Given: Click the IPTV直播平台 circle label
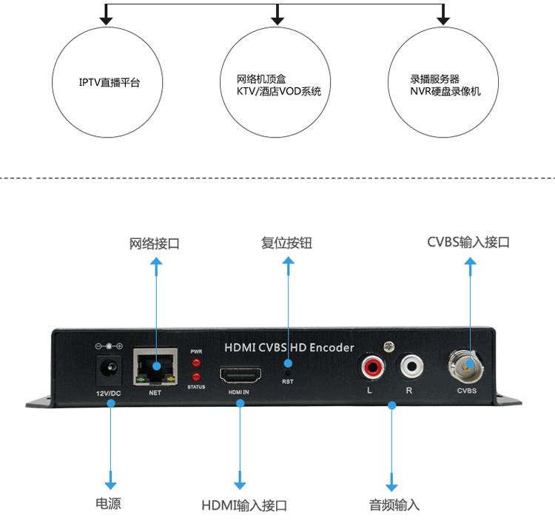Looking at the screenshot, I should (x=110, y=82).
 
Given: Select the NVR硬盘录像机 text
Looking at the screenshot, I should (x=445, y=91).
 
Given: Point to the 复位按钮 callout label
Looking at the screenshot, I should (x=286, y=243).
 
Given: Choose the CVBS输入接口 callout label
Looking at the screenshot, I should (x=468, y=242).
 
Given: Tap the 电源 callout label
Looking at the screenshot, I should (x=108, y=504).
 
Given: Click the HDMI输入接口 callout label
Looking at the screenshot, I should (x=244, y=505).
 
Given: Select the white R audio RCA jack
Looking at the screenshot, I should (x=411, y=365).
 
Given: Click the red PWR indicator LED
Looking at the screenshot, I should (x=196, y=363).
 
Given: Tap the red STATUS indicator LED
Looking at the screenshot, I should (x=196, y=376).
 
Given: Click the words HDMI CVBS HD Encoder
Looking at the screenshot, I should (x=289, y=348).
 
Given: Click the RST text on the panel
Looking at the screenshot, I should (x=288, y=382).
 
